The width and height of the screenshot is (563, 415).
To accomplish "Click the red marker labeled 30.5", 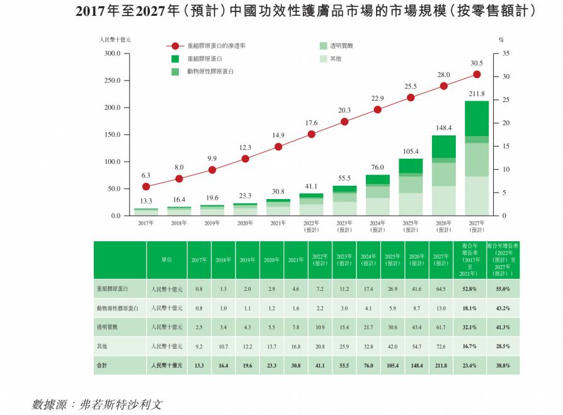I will coord(477,74).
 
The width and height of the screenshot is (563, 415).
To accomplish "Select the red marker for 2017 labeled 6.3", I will coord(146,186).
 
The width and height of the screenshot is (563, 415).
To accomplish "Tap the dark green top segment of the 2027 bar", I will coord(477,118).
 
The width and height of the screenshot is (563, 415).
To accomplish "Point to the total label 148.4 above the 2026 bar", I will coord(443,128).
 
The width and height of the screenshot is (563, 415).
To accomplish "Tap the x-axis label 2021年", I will coord(278,223).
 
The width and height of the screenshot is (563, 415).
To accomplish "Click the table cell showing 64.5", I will coord(440,289).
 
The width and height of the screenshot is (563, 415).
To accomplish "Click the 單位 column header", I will coord(166,260).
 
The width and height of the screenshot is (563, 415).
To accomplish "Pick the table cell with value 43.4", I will coord(416,327).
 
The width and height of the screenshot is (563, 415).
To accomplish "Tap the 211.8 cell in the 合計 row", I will coord(440,365).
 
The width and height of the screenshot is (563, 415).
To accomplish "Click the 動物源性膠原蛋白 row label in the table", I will coord(119,308).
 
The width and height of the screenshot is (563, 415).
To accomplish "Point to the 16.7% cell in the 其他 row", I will coord(469,346).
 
